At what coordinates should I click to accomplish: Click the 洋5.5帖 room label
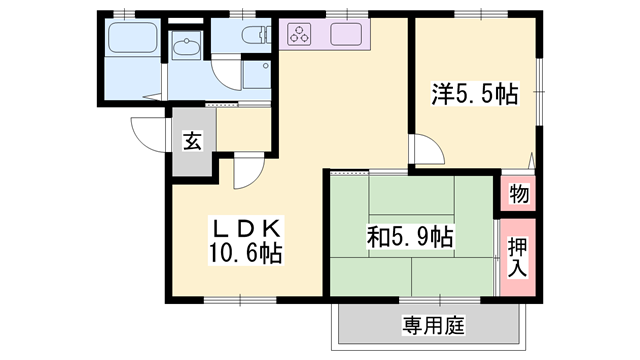click(474, 95)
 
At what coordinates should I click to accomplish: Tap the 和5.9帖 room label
click(411, 237)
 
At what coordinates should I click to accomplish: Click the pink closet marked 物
click(517, 192)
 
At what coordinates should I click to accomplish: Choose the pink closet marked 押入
click(517, 256)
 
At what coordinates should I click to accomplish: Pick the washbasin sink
click(186, 47)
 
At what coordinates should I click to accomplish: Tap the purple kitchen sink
click(349, 35)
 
